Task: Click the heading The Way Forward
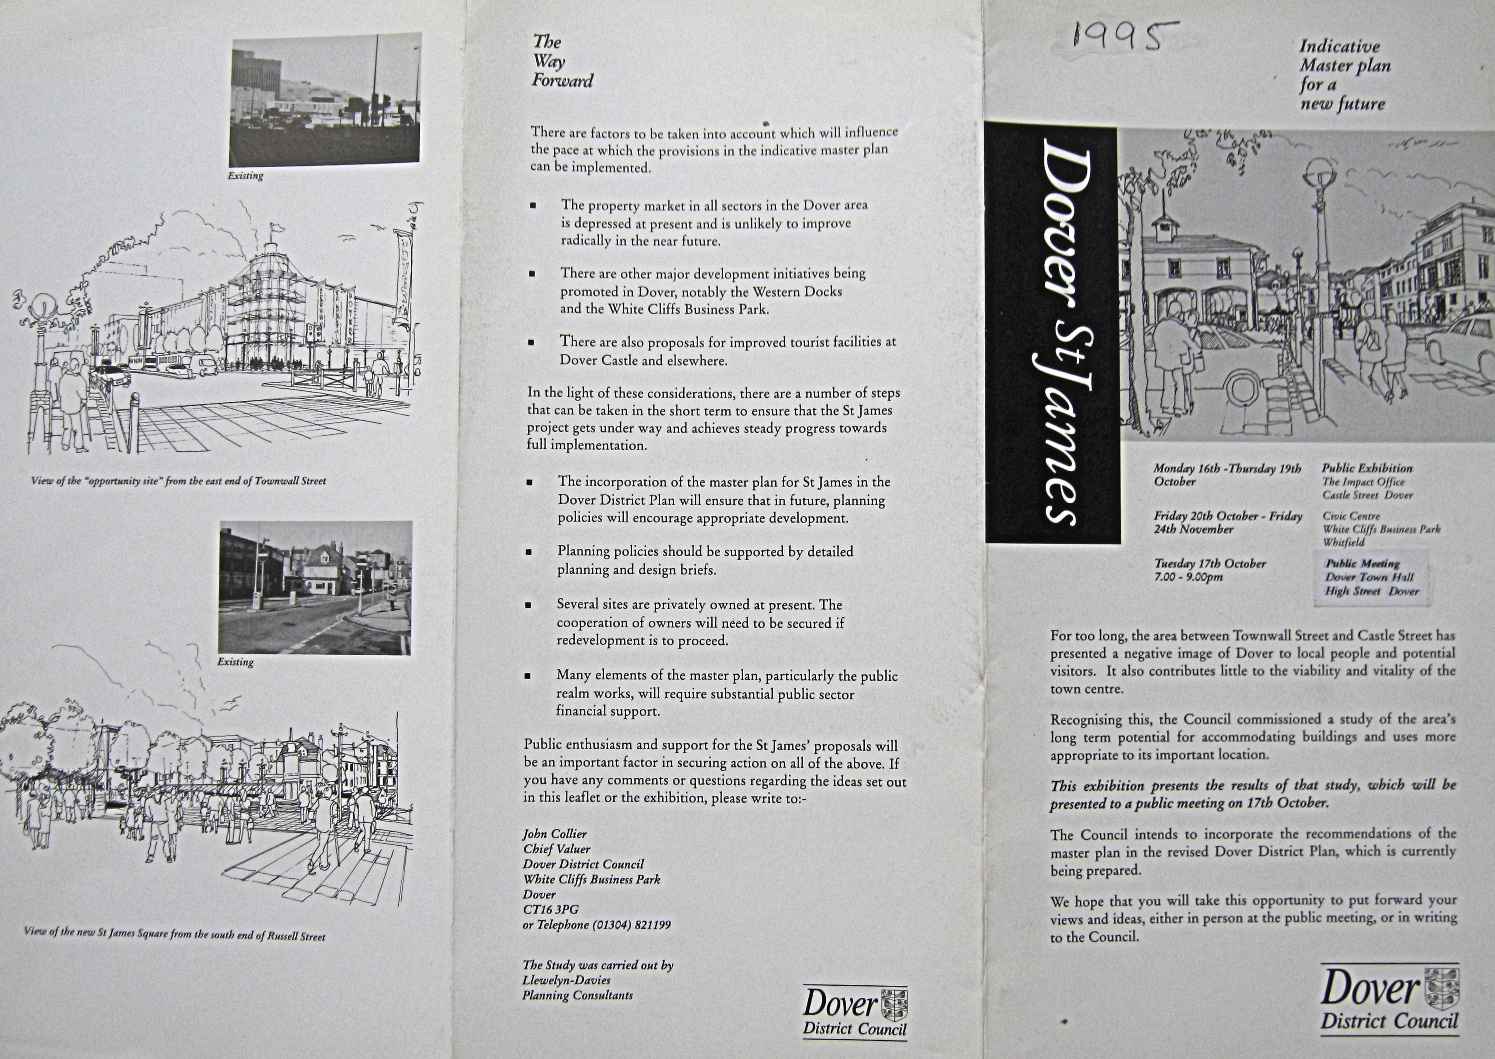coord(562,61)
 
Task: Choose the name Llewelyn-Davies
coord(566,980)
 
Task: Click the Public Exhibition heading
coord(1367,468)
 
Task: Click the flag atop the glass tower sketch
coord(277,228)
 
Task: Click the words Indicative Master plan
coord(1345,56)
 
